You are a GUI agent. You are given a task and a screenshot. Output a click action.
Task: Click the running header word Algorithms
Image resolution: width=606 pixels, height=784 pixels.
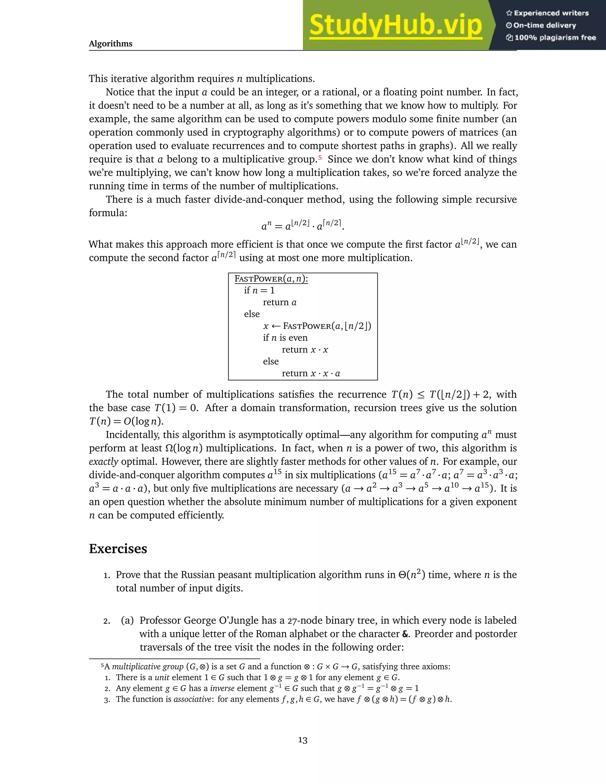111,43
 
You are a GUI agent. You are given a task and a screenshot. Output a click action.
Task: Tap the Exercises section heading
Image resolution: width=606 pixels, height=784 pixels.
118,549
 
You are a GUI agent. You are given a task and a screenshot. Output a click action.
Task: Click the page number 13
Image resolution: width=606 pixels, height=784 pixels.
303,740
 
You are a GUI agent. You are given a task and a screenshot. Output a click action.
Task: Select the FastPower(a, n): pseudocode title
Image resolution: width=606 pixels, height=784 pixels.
271,279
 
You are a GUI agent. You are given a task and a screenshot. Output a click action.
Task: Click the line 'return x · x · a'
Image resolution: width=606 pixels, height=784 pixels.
310,373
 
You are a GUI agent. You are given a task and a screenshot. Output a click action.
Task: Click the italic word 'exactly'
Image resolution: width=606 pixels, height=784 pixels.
103,462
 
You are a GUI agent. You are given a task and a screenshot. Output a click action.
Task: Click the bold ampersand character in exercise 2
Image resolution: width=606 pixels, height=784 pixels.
405,634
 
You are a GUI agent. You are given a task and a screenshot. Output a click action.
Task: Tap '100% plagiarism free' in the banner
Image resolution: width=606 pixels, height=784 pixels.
555,38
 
